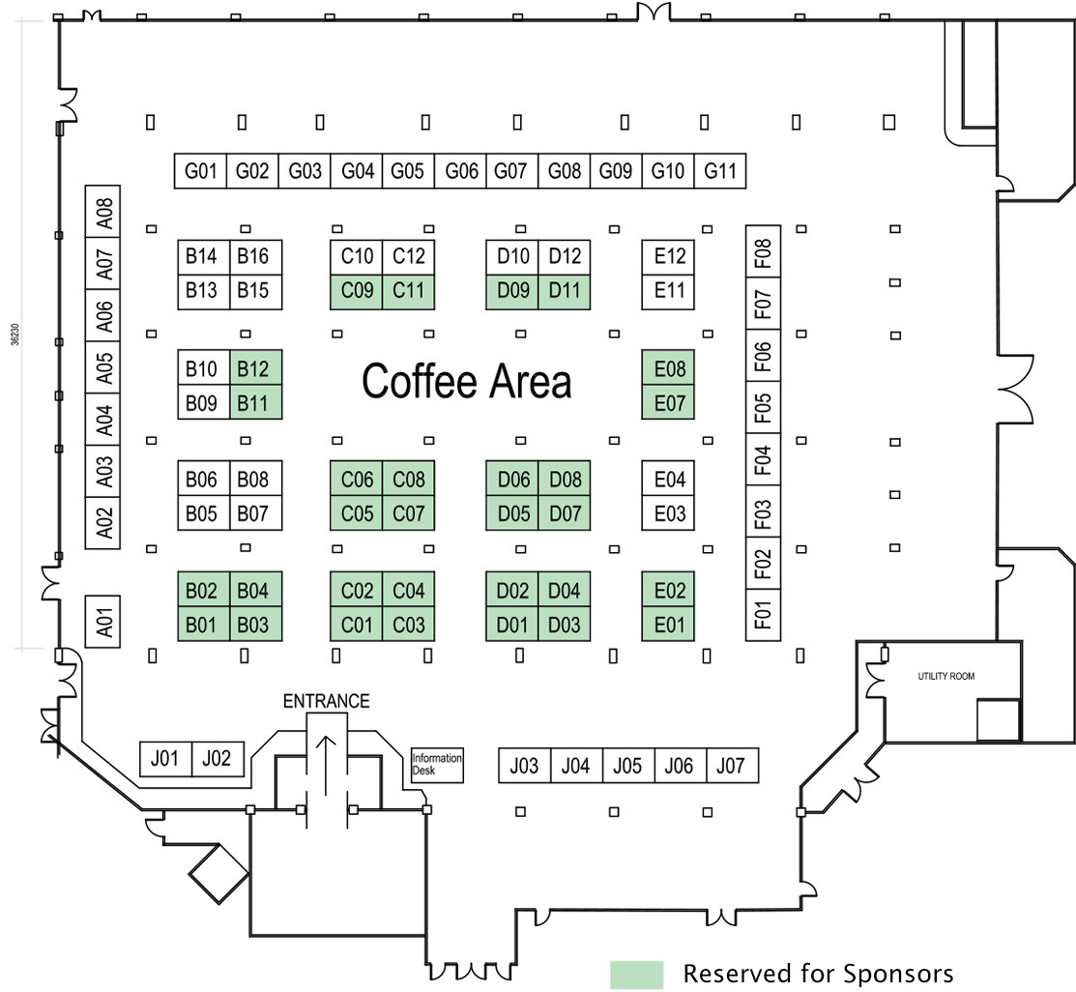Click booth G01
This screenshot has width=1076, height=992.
200,172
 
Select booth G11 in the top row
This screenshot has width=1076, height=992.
720,172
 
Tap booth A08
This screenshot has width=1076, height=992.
105,210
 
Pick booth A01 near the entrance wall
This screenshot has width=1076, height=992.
105,620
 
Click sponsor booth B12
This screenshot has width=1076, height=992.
254,367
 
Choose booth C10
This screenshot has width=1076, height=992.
357,257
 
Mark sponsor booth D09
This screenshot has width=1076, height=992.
512,291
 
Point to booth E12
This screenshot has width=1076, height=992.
669,257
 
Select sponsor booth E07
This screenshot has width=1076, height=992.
669,401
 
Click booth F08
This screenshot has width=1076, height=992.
764,253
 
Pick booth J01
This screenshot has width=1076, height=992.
165,759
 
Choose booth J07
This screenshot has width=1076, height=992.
732,766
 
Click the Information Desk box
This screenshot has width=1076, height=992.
437,765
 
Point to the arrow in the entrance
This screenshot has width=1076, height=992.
327,764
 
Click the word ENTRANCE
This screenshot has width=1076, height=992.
326,701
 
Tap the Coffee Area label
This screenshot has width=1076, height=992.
466,382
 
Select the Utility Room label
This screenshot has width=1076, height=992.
945,677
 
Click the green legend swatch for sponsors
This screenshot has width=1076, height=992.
636,975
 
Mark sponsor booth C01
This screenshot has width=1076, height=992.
357,625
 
